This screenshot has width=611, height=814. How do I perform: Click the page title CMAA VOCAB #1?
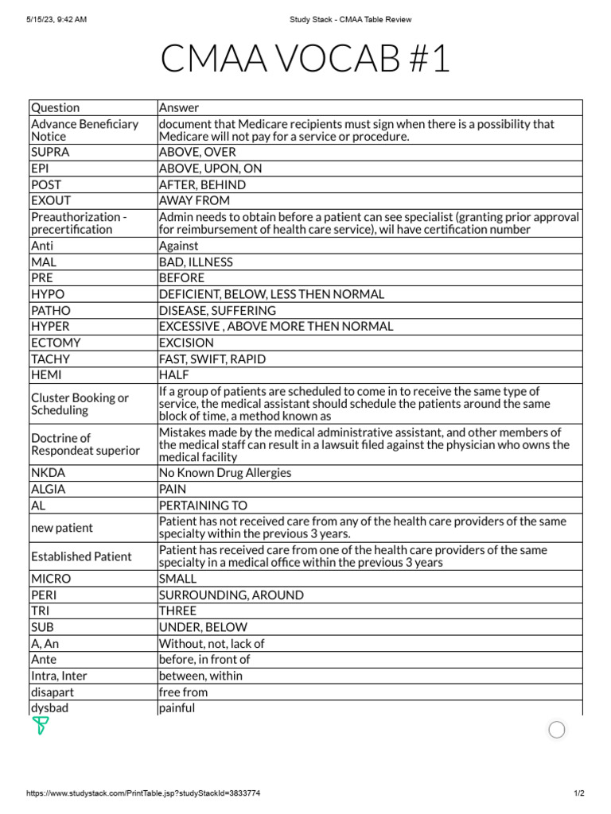[x=305, y=60]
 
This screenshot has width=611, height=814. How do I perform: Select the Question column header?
[x=55, y=107]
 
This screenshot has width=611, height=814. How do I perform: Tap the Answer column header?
[x=179, y=107]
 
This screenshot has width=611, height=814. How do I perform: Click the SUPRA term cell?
[x=50, y=152]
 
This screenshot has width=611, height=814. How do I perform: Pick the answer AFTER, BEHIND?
[x=202, y=184]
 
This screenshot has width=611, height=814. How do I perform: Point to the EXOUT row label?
[x=51, y=200]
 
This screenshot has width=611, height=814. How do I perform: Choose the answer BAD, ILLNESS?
[x=196, y=262]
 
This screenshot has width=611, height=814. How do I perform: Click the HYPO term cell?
[x=48, y=294]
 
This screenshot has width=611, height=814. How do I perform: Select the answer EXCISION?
[x=186, y=343]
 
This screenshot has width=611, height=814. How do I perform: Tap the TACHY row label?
[x=49, y=359]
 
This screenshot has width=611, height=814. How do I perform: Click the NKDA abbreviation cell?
[x=48, y=473]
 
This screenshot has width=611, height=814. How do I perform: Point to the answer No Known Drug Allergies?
[x=225, y=473]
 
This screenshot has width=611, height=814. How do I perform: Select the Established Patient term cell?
[x=81, y=556]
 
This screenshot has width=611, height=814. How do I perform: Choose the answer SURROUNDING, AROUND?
[x=231, y=595]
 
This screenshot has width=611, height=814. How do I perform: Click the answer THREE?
[x=177, y=610]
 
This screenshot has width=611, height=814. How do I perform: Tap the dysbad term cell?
[x=49, y=707]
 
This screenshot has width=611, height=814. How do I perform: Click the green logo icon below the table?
[x=41, y=726]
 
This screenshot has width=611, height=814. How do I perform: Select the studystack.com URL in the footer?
[x=143, y=793]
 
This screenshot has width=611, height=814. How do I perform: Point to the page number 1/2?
[x=578, y=793]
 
